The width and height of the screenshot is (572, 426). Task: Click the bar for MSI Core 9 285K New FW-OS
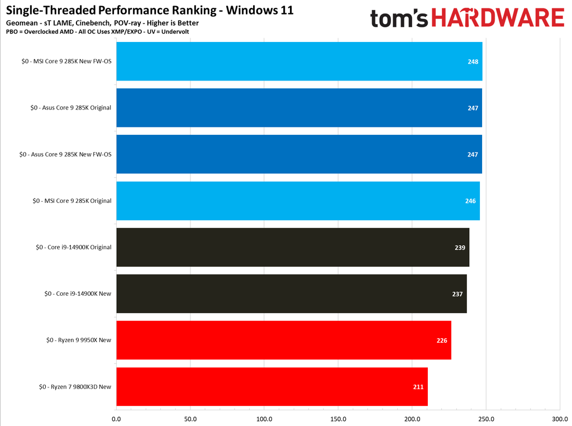point(299,61)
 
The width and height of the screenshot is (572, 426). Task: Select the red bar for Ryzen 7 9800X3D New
point(272,387)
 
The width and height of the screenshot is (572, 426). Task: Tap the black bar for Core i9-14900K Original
point(293,247)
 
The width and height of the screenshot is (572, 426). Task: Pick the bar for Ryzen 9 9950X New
point(284,340)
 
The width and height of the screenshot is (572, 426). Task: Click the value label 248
point(473,61)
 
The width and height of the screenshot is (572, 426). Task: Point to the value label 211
point(418,387)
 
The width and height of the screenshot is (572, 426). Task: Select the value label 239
point(460,247)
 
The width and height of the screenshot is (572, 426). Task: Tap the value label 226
point(442,340)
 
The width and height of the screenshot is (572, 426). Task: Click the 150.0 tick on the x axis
point(338,419)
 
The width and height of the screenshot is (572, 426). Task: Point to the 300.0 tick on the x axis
point(560,419)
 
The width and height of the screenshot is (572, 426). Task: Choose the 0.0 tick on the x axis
point(116,419)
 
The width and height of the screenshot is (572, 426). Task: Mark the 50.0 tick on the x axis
point(190,419)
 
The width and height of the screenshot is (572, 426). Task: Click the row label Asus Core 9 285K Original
point(71,108)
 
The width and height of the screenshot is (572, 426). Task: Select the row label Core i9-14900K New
point(78,294)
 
